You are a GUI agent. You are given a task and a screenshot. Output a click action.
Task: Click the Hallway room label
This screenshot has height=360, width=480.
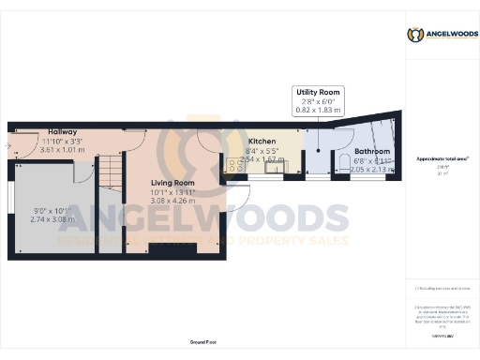pyautogui.click(x=63, y=132)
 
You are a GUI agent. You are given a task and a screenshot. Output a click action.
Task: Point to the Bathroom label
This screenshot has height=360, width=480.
pyautogui.click(x=372, y=151)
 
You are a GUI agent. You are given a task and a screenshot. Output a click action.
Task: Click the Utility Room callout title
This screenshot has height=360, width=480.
pyautogui.click(x=319, y=92)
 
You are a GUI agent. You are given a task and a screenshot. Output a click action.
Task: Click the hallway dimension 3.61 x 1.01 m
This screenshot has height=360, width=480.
pyautogui.click(x=65, y=149)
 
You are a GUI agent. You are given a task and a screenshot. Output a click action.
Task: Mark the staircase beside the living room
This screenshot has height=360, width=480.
pyautogui.click(x=112, y=173)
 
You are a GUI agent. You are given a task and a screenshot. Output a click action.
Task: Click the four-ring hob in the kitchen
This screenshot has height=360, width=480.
pyautogui.click(x=231, y=164)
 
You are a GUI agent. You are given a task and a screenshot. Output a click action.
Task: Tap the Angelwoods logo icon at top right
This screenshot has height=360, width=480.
pyautogui.click(x=415, y=35)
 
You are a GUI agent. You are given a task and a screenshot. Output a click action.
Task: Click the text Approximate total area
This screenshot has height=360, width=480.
pyautogui.click(x=442, y=158)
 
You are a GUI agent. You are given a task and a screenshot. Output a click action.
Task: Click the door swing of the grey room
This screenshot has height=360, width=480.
pyautogui.click(x=82, y=172)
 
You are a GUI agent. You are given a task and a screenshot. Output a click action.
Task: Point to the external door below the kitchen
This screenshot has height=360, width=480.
pyautogui.click(x=235, y=194)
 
